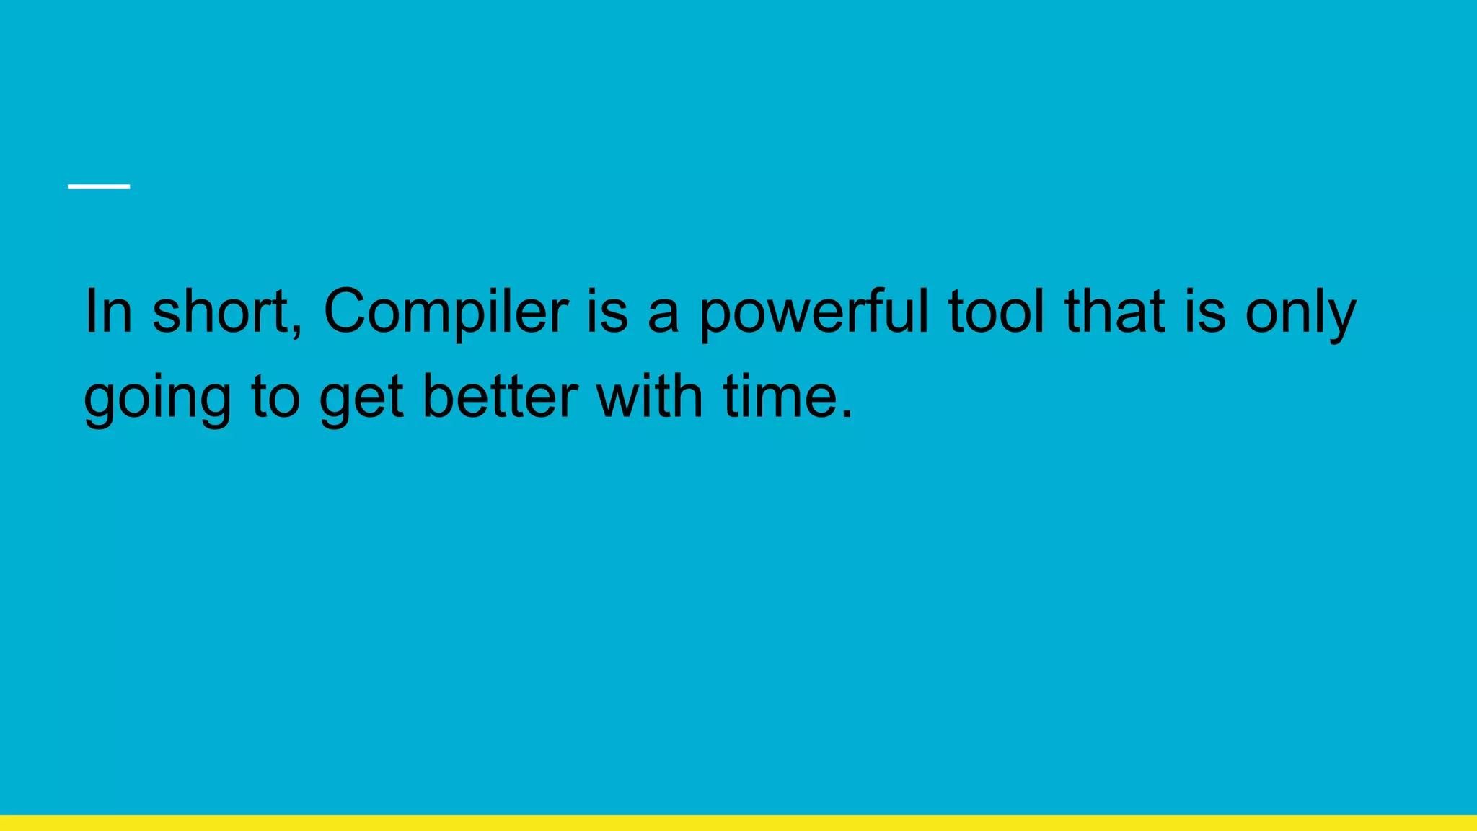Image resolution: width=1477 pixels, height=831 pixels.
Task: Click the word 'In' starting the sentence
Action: coord(108,312)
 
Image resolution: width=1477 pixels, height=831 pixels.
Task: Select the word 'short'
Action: coord(220,312)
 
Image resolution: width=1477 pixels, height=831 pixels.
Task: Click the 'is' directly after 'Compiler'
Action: coord(607,312)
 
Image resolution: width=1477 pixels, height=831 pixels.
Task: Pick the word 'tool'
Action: coord(996,312)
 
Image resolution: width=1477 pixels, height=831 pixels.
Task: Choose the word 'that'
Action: coord(1115,312)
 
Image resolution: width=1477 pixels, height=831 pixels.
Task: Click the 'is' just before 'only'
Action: coord(1205,312)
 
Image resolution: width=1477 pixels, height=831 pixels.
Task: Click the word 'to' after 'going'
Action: coord(275,397)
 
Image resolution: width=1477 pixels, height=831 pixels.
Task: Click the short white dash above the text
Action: coord(99,186)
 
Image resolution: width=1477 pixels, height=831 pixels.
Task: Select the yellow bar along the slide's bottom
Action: coord(738,823)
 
